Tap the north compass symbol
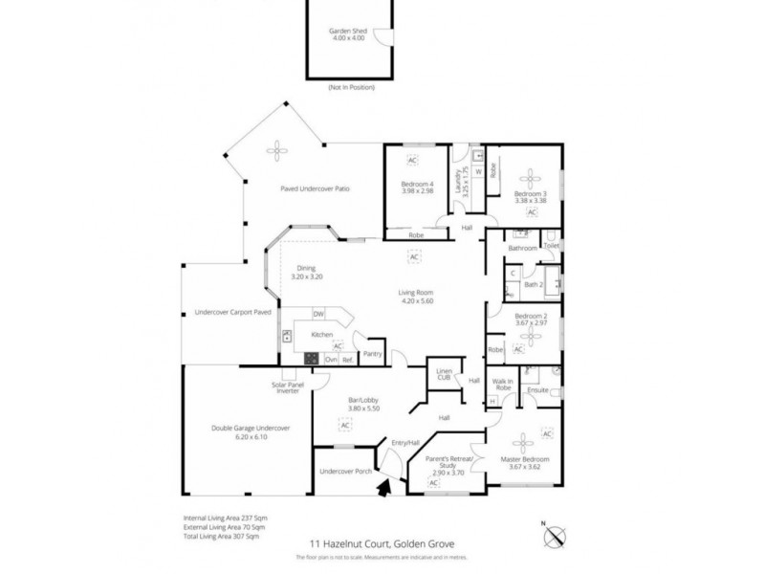(556, 535)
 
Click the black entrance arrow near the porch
(385, 490)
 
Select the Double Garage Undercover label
(250, 428)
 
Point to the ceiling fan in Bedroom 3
(529, 176)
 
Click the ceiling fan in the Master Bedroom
(523, 442)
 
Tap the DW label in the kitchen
(319, 314)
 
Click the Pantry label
(372, 352)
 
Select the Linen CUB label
(444, 373)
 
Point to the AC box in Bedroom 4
(413, 159)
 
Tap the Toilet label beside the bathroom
(552, 246)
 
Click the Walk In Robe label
(503, 385)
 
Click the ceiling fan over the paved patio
(278, 148)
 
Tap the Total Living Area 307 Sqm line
(221, 538)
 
